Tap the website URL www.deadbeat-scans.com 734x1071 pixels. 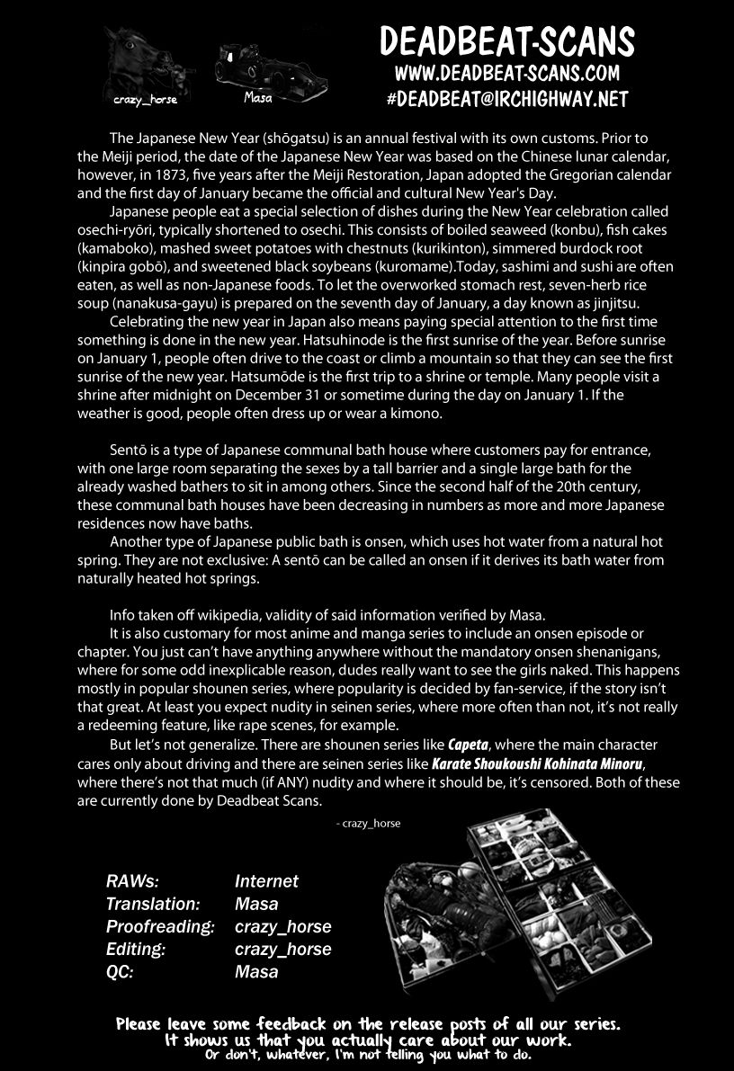(x=506, y=73)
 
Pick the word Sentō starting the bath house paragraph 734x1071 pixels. (x=130, y=450)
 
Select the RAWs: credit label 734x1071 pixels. (x=133, y=882)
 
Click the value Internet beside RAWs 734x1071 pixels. (x=266, y=882)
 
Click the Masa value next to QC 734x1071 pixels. (x=256, y=972)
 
